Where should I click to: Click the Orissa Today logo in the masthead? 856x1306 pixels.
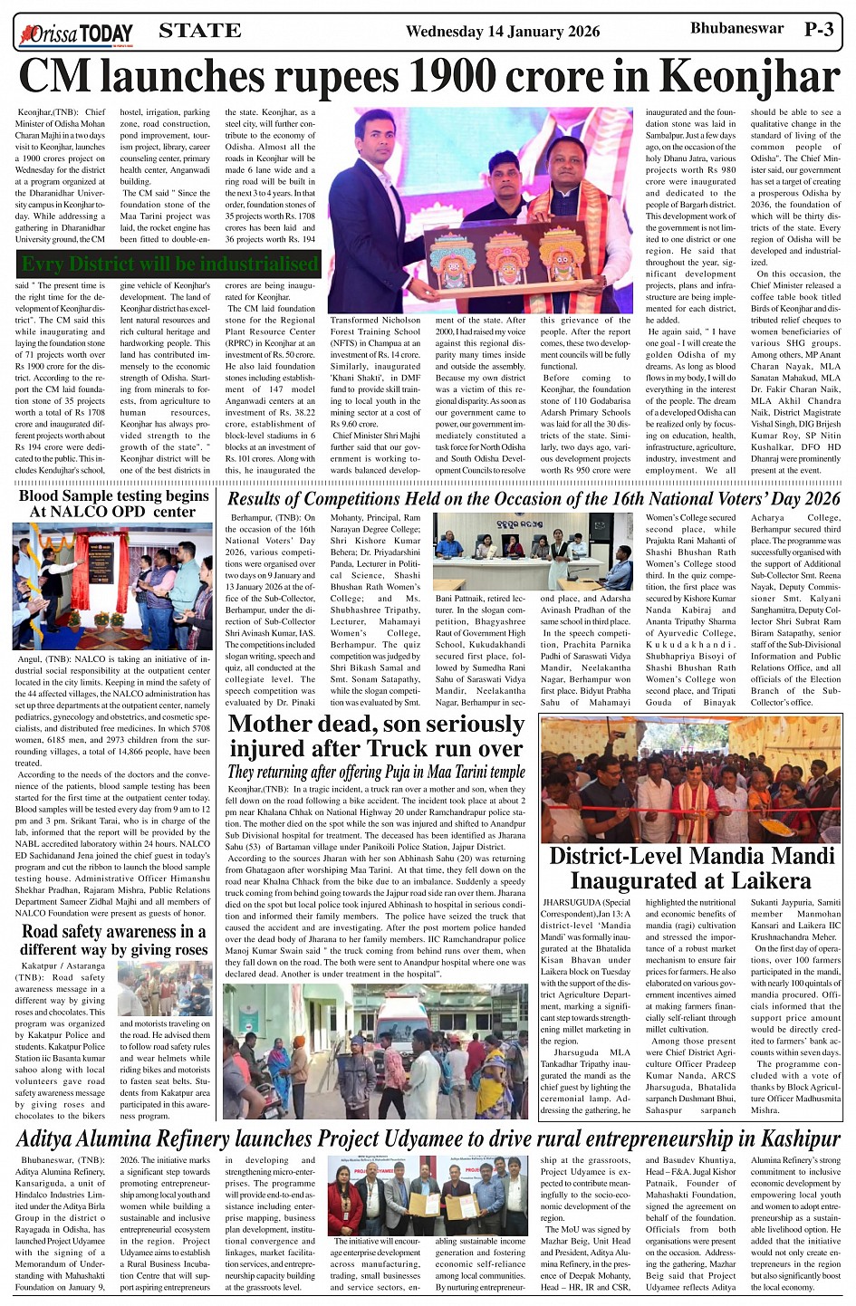(77, 34)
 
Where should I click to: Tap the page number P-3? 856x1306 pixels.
(819, 30)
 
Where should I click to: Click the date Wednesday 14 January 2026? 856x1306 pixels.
(502, 32)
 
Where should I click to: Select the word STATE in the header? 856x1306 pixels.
(199, 31)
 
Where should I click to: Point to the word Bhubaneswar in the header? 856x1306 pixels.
(736, 28)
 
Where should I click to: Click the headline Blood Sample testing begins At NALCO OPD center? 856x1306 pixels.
(113, 504)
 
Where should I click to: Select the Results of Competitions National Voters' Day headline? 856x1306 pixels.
(534, 498)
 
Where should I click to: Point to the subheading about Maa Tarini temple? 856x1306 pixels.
(376, 772)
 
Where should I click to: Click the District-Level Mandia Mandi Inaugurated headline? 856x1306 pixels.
(691, 868)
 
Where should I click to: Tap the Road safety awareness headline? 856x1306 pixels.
(114, 939)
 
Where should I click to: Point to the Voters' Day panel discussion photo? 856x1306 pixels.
(533, 552)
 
